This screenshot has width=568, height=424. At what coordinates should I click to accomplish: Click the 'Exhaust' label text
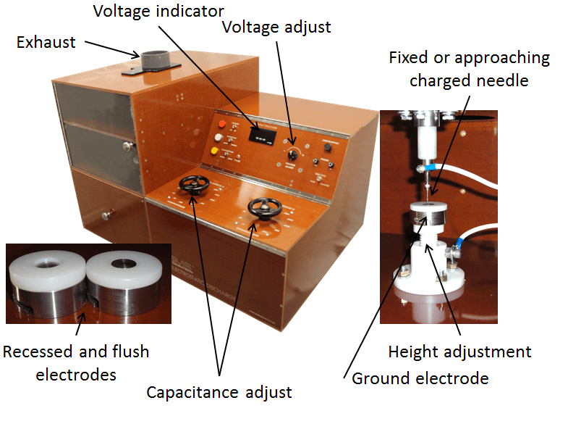pos(46,43)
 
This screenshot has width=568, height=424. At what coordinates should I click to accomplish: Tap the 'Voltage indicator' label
pos(158,12)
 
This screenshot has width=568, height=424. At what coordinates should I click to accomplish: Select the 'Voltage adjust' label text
pos(276,28)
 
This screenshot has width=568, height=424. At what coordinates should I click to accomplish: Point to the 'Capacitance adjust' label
pos(219,392)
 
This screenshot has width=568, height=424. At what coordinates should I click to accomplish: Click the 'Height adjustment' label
pos(459,352)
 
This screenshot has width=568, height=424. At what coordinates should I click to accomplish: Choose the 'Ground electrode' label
pos(420,378)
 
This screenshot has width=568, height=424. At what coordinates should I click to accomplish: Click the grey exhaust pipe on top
pos(154,59)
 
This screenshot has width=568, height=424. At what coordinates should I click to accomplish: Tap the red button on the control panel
pos(221,124)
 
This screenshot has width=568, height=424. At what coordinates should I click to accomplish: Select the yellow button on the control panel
pos(214,151)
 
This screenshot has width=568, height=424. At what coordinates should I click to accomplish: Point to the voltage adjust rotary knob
pos(292,155)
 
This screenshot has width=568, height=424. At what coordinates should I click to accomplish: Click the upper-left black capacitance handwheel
pos(194,184)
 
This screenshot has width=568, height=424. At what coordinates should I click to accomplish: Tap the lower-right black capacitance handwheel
pos(265,208)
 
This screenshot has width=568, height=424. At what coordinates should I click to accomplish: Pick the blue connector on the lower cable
pos(460,241)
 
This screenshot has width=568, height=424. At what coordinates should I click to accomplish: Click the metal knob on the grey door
pos(127,146)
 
